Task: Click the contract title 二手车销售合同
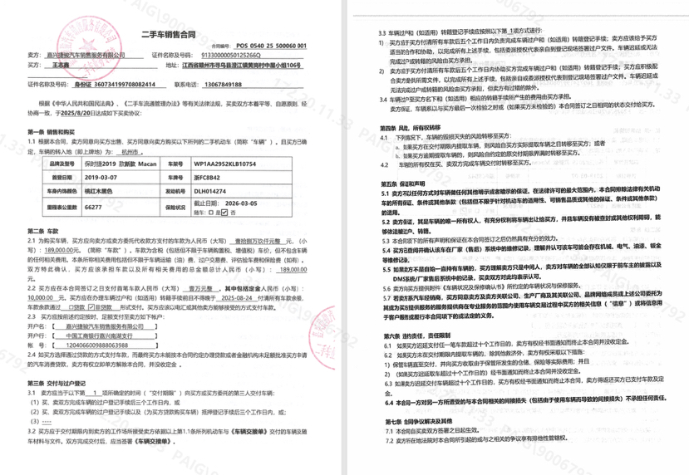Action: click(x=167, y=35)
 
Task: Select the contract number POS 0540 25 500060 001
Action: click(x=271, y=46)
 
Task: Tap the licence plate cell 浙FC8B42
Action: click(x=207, y=178)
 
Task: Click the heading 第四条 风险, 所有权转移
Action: click(x=396, y=128)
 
